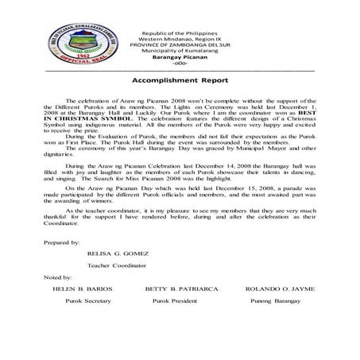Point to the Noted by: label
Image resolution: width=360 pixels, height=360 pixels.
coord(59,277)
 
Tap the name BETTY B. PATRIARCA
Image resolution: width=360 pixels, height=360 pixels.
coord(177,290)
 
